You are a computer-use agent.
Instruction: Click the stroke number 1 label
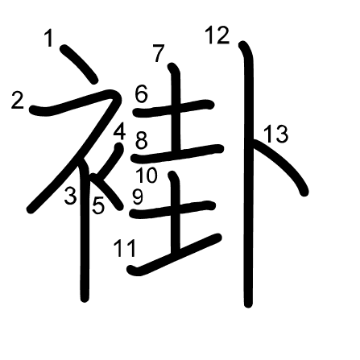(49, 38)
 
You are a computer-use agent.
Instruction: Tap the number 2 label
(18, 101)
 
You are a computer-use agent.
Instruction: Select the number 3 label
(70, 196)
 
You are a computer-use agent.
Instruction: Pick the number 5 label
(98, 205)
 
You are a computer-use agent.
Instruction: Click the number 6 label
(142, 94)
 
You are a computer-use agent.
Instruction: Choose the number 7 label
(159, 53)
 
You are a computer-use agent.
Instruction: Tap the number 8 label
(142, 140)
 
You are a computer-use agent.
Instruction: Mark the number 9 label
(138, 197)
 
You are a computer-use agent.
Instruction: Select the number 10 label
(147, 176)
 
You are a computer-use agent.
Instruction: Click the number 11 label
(125, 248)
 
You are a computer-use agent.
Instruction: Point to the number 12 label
(217, 35)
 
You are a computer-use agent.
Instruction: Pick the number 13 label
(276, 134)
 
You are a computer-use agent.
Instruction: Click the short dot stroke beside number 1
(78, 64)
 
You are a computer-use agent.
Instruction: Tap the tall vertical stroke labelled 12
(248, 175)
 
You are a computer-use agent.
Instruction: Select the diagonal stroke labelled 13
(282, 163)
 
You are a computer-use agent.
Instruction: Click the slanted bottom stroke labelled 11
(175, 255)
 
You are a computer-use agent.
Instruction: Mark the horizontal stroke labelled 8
(177, 154)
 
